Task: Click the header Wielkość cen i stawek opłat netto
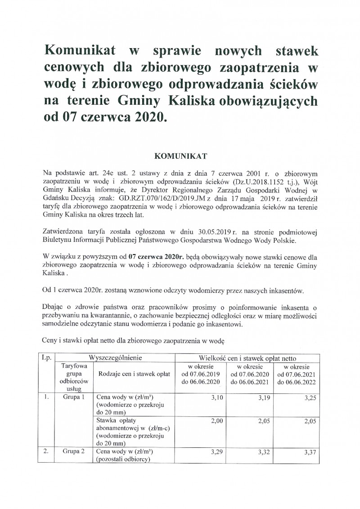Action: (x=248, y=358)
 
